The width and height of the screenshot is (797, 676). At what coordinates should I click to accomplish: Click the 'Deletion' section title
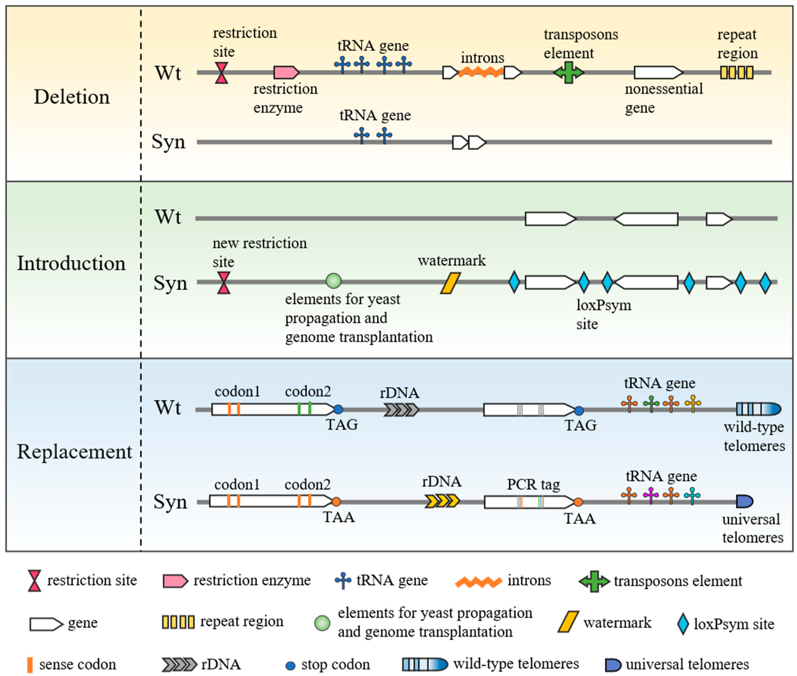pos(72,97)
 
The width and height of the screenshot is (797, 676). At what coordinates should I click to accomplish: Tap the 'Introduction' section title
pos(71,263)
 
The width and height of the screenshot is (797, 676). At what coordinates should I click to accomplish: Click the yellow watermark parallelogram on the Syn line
pos(450,283)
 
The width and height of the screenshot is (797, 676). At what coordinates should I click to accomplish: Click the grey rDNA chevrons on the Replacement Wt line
pos(401,410)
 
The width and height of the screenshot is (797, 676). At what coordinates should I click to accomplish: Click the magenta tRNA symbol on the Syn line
pos(651,495)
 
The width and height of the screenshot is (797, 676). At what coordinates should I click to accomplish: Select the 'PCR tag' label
pos(533,484)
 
